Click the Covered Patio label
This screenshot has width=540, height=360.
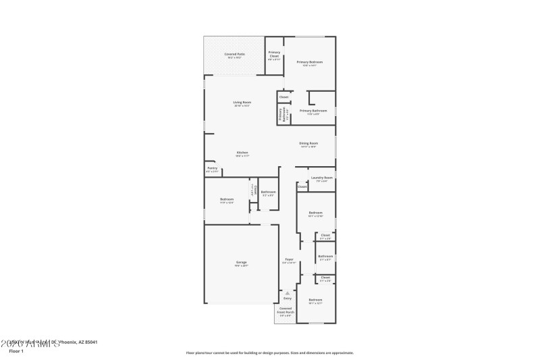(x=234, y=55)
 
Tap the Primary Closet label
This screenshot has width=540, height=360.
(x=274, y=54)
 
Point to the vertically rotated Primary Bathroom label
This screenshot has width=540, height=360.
(x=281, y=115)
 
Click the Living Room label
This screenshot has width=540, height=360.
(x=242, y=103)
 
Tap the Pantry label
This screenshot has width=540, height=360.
(x=212, y=170)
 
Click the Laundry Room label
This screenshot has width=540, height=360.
(x=321, y=179)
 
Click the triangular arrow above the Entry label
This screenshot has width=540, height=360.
(x=288, y=292)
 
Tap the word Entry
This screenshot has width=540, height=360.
(x=288, y=298)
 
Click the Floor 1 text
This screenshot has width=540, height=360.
(x=16, y=351)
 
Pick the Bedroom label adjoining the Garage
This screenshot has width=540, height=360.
(x=226, y=200)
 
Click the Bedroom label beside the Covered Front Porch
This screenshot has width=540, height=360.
(x=315, y=301)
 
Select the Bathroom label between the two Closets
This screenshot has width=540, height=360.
(x=325, y=257)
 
